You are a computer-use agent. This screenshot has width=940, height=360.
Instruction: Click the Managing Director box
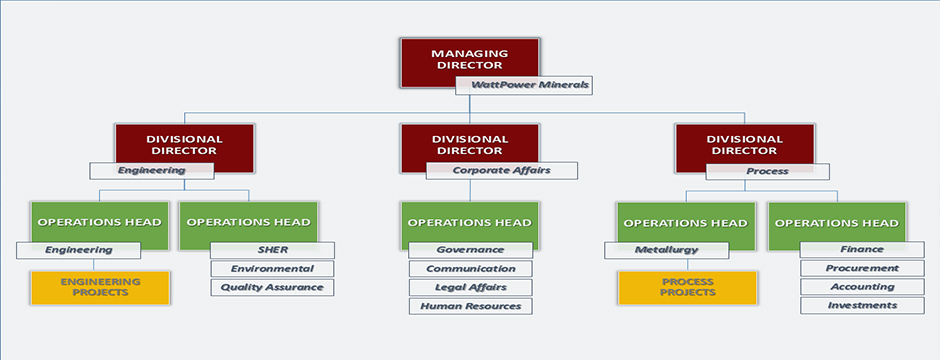tap(470, 63)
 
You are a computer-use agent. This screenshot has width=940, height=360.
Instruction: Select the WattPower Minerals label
tap(524, 85)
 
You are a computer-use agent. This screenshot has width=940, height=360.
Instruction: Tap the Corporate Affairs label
tap(502, 171)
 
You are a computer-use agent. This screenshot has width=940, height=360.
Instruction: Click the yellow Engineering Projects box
tap(101, 288)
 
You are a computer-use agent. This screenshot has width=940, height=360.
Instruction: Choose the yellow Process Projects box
tap(688, 288)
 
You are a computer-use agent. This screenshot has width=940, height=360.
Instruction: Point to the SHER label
tap(272, 250)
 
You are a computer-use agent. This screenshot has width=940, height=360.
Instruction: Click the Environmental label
tap(272, 269)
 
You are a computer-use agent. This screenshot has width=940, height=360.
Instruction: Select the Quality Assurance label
tap(272, 288)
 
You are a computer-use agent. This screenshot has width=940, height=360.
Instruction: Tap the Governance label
tap(471, 250)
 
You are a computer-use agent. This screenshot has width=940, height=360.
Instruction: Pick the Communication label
tap(471, 269)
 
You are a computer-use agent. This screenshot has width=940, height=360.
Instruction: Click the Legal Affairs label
tap(471, 288)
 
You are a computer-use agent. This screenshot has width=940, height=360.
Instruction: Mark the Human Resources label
tap(471, 306)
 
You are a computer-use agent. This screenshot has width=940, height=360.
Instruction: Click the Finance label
tap(862, 250)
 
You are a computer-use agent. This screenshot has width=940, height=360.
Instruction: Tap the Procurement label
tap(862, 268)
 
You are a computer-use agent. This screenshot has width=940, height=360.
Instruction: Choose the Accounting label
tap(862, 287)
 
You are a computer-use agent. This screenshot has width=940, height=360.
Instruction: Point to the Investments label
tap(862, 305)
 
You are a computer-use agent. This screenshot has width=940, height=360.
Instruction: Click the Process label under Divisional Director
tap(767, 171)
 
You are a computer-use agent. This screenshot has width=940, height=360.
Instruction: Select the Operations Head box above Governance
tap(470, 226)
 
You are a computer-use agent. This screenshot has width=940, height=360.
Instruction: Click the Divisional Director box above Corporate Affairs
tap(470, 148)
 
